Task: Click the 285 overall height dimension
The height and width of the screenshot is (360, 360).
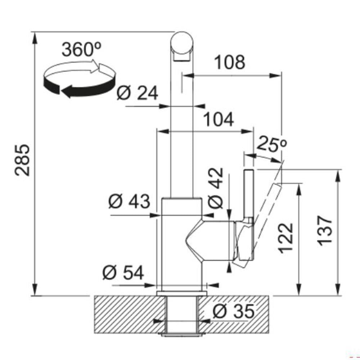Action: pyautogui.click(x=22, y=160)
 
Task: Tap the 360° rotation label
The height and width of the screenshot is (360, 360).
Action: pyautogui.click(x=81, y=50)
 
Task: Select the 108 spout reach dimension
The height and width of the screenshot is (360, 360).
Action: pyautogui.click(x=230, y=62)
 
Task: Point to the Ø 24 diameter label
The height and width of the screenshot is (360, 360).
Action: pyautogui.click(x=137, y=93)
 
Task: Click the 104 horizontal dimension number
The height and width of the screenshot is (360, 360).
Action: pyautogui.click(x=219, y=120)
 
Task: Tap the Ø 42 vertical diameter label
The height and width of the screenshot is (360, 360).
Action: pyautogui.click(x=215, y=188)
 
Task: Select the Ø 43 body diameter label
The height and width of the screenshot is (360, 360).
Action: pyautogui.click(x=129, y=201)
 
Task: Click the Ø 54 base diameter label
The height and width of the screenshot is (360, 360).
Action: pyautogui.click(x=123, y=272)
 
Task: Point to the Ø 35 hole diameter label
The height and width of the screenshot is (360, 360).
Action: pyautogui.click(x=234, y=311)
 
